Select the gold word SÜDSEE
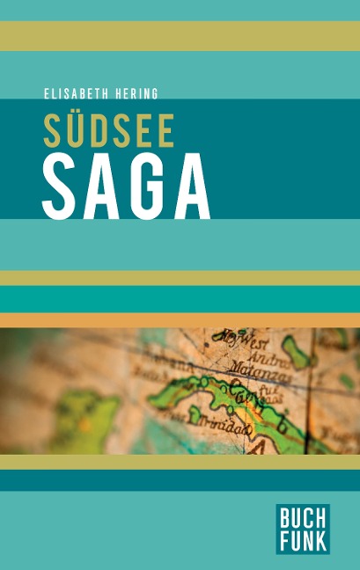tap(108, 129)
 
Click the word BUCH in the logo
tap(303, 515)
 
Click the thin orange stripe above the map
tap(180, 320)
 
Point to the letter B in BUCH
tap(286, 515)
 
